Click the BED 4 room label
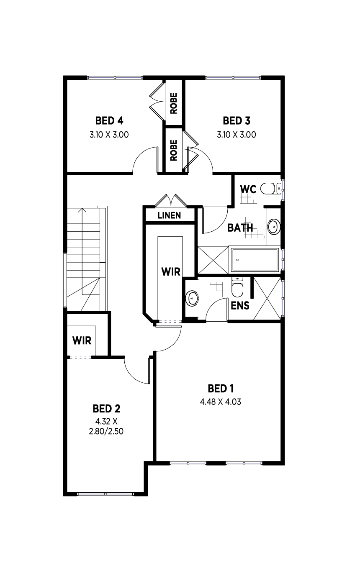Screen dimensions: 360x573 point(109,121)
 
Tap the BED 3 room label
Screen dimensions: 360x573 point(237,121)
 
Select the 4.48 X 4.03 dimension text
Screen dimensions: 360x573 point(221,402)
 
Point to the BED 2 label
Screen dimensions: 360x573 point(106,409)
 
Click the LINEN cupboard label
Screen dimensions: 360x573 point(169,215)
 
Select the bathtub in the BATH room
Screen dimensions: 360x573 point(255,260)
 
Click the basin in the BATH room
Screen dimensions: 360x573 point(274,227)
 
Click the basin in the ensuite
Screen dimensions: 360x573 point(192,298)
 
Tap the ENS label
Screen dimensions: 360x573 point(240,306)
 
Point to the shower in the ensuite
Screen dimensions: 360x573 point(267,299)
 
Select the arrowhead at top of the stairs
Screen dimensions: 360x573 point(82,210)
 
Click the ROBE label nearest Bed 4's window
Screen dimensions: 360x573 point(174,103)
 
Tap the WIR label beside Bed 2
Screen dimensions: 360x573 point(82,341)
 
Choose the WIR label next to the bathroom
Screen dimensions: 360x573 point(171,272)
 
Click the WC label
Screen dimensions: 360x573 point(248,189)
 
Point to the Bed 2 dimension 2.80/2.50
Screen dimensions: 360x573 point(106,431)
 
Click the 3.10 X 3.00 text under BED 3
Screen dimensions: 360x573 point(237,135)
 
